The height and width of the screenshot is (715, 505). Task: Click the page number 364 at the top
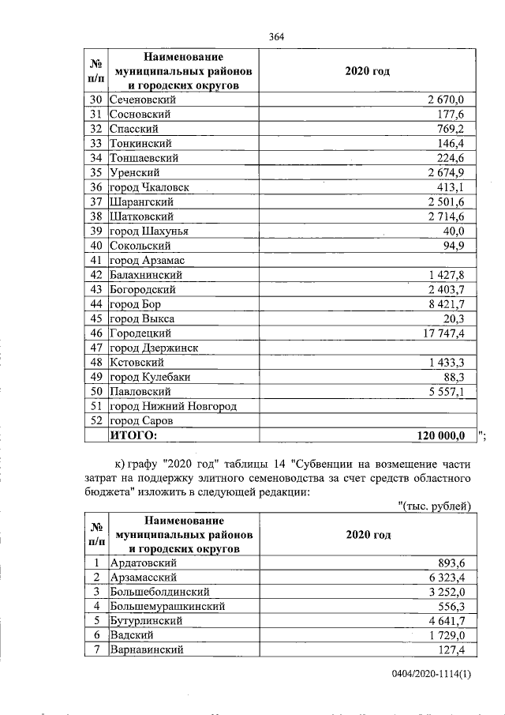click(276, 36)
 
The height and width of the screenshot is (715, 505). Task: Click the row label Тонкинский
click(140, 143)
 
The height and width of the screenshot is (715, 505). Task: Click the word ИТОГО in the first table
click(133, 435)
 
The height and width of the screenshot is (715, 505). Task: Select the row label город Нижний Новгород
click(174, 406)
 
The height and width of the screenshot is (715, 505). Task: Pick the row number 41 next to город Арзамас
click(97, 260)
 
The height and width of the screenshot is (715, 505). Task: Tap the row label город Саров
click(141, 421)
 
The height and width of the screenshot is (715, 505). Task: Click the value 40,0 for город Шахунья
click(458, 231)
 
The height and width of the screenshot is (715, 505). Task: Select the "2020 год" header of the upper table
click(368, 71)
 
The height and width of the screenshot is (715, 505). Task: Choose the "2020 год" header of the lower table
click(368, 535)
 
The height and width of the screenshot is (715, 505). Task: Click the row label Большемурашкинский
click(168, 607)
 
